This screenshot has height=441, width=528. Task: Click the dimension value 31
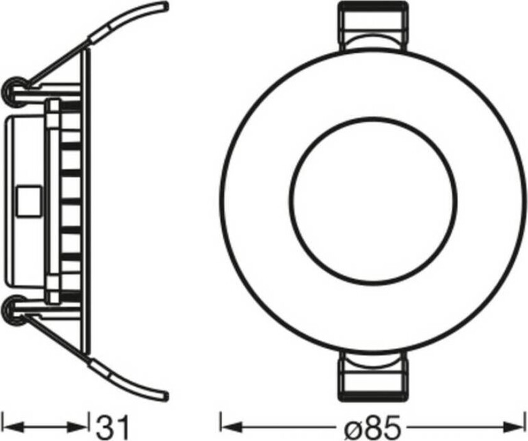pos(113,427)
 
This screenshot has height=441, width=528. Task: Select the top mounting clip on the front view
pos(373,28)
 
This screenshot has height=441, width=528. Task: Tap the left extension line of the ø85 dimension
pos(219,426)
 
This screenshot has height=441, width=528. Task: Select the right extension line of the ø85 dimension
pos(525,426)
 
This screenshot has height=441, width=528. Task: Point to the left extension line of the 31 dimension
pos(3,426)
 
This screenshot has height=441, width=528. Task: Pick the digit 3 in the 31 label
pos(105,427)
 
